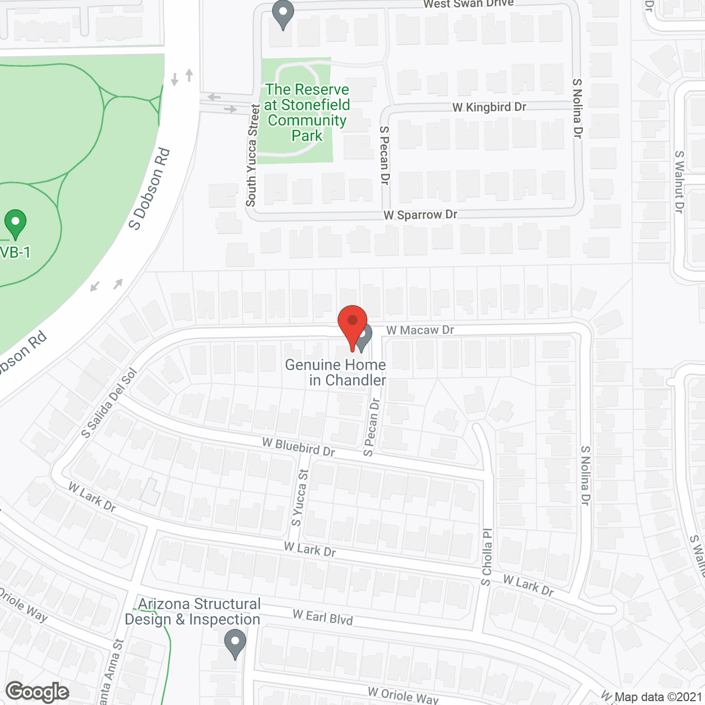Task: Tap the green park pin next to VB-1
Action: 15,224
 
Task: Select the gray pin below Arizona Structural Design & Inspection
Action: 235,644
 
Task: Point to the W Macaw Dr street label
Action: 420,330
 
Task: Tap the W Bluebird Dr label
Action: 299,447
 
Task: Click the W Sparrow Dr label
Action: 420,215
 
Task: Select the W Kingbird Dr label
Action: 489,107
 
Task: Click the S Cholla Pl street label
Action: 487,557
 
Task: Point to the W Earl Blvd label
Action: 323,617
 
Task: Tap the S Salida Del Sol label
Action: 109,403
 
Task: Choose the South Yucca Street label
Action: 252,155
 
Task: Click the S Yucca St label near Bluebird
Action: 300,497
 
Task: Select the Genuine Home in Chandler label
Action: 336,372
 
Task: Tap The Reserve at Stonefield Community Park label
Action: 307,112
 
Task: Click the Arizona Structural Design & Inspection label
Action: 193,611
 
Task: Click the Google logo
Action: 37,692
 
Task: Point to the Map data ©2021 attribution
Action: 658,697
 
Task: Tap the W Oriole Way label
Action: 403,695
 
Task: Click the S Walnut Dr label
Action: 679,182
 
